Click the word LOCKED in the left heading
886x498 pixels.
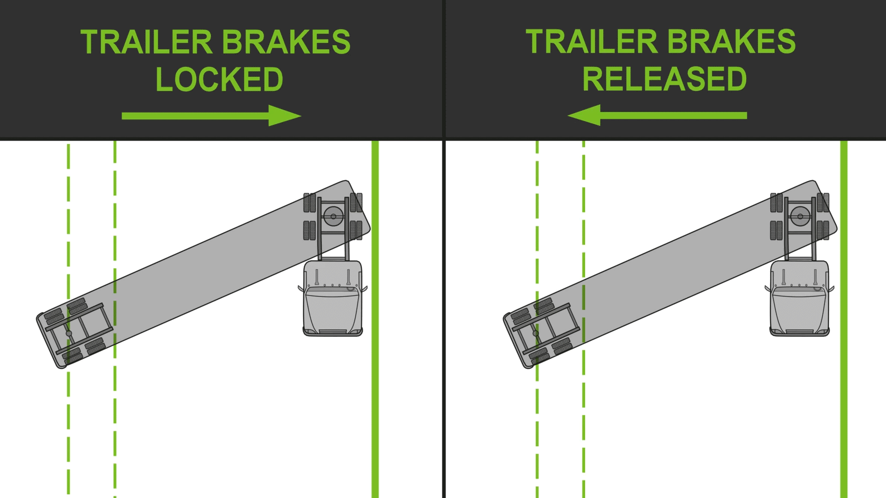coord(219,79)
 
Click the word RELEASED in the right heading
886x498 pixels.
coord(664,79)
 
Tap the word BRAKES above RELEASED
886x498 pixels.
coord(731,42)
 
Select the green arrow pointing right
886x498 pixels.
coord(211,115)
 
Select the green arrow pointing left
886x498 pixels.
coord(657,115)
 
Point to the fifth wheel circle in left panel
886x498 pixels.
coord(333,216)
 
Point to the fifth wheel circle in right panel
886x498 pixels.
coord(800,216)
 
